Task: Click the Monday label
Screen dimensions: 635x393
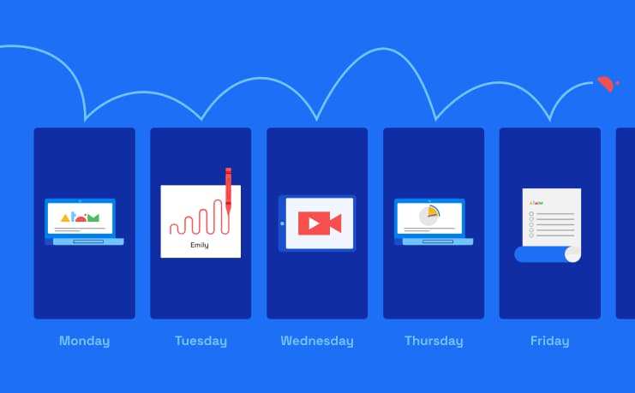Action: pyautogui.click(x=84, y=341)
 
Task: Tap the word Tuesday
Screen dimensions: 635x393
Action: pyautogui.click(x=201, y=341)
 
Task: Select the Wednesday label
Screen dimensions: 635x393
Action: pyautogui.click(x=317, y=341)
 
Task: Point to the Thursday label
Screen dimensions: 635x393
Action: pyautogui.click(x=434, y=341)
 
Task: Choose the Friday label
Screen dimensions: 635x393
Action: pyautogui.click(x=550, y=341)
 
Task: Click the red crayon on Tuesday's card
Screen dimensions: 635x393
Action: pyautogui.click(x=229, y=190)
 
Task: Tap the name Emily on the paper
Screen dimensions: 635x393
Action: pyautogui.click(x=200, y=245)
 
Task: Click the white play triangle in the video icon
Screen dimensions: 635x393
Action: pyautogui.click(x=314, y=223)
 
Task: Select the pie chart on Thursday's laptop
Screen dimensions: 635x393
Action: pyautogui.click(x=429, y=215)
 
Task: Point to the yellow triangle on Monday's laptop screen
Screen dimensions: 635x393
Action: pyautogui.click(x=65, y=218)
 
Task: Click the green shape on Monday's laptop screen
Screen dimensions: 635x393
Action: pyautogui.click(x=93, y=217)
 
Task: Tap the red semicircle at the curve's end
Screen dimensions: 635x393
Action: pyautogui.click(x=606, y=84)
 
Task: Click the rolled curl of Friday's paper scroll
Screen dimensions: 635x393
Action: pyautogui.click(x=572, y=254)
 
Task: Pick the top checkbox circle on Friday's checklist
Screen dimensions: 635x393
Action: pyautogui.click(x=531, y=214)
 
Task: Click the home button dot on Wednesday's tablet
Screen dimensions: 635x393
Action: pyautogui.click(x=282, y=223)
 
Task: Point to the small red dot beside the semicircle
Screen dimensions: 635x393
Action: pyautogui.click(x=618, y=83)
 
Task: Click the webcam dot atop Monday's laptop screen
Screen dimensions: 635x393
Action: pyautogui.click(x=81, y=200)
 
